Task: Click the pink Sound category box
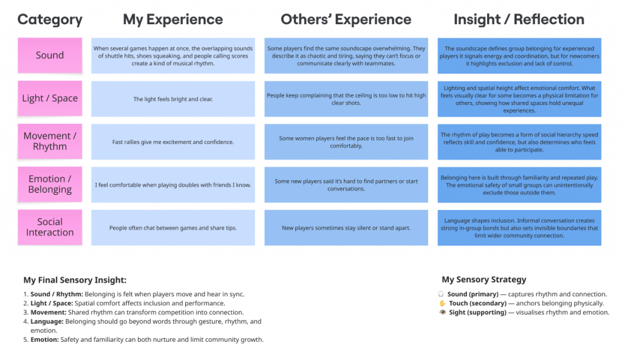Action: (50, 55)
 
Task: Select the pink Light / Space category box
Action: (50, 98)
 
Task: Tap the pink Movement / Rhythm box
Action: (50, 141)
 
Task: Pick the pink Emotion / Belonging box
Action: (50, 185)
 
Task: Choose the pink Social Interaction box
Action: (50, 227)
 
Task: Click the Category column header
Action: (50, 19)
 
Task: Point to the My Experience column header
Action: (173, 19)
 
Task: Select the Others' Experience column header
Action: (346, 19)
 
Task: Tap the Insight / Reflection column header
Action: (519, 19)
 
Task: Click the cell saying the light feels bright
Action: (173, 99)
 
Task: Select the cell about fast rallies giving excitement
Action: (173, 142)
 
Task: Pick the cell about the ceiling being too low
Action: (346, 99)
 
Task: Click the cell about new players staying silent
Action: (346, 228)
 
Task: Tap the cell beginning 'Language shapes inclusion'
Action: (519, 228)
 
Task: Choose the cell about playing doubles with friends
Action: (173, 185)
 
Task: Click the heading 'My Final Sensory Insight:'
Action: (75, 280)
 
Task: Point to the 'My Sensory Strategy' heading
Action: (484, 280)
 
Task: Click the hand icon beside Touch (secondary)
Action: (442, 304)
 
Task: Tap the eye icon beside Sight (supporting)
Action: (442, 313)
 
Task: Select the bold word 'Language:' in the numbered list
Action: (47, 322)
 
